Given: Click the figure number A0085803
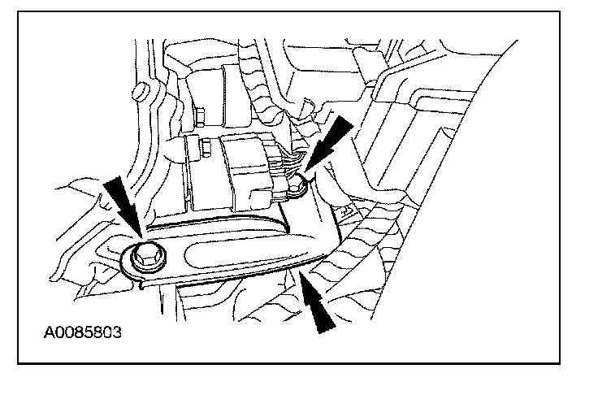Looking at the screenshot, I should [84, 332].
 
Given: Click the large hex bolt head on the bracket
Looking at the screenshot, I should [147, 254].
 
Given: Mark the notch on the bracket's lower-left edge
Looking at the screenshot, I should [145, 281].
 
